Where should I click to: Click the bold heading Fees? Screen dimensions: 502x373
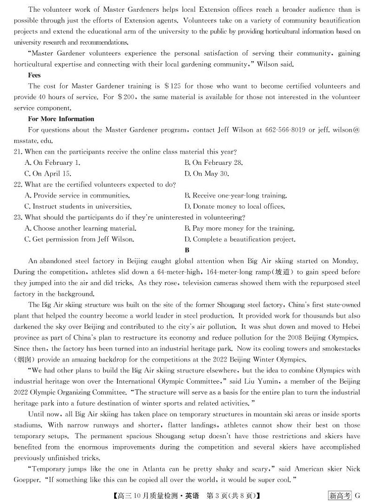click(34, 75)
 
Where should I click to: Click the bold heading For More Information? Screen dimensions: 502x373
click(61, 119)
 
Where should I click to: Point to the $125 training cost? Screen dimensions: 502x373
click(173, 86)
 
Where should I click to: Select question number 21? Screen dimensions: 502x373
click(18, 152)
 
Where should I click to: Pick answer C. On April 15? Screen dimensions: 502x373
click(47, 173)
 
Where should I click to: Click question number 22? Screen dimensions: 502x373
click(18, 185)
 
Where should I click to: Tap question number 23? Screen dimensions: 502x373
click(18, 217)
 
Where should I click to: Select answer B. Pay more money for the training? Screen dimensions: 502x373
click(240, 228)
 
